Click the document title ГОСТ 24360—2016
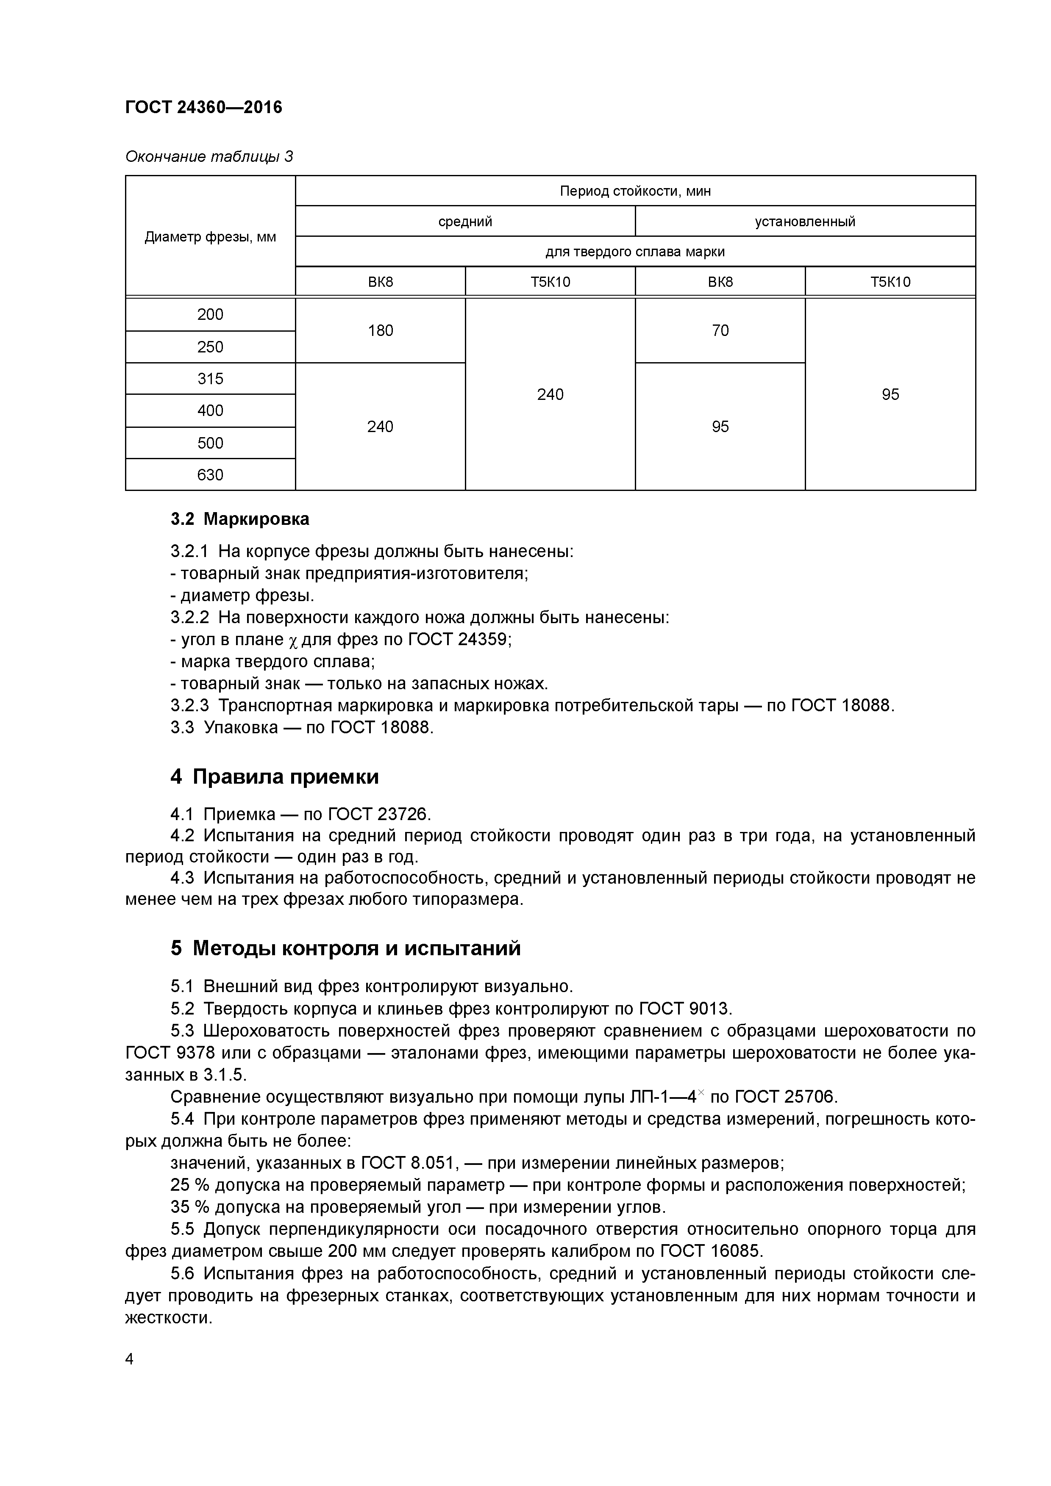click(203, 107)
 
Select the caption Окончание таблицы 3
click(209, 157)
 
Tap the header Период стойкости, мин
click(634, 191)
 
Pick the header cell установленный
click(804, 222)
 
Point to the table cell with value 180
click(380, 331)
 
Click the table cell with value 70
click(720, 331)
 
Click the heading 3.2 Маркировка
click(239, 519)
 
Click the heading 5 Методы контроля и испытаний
click(345, 949)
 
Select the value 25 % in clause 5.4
click(190, 1185)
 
